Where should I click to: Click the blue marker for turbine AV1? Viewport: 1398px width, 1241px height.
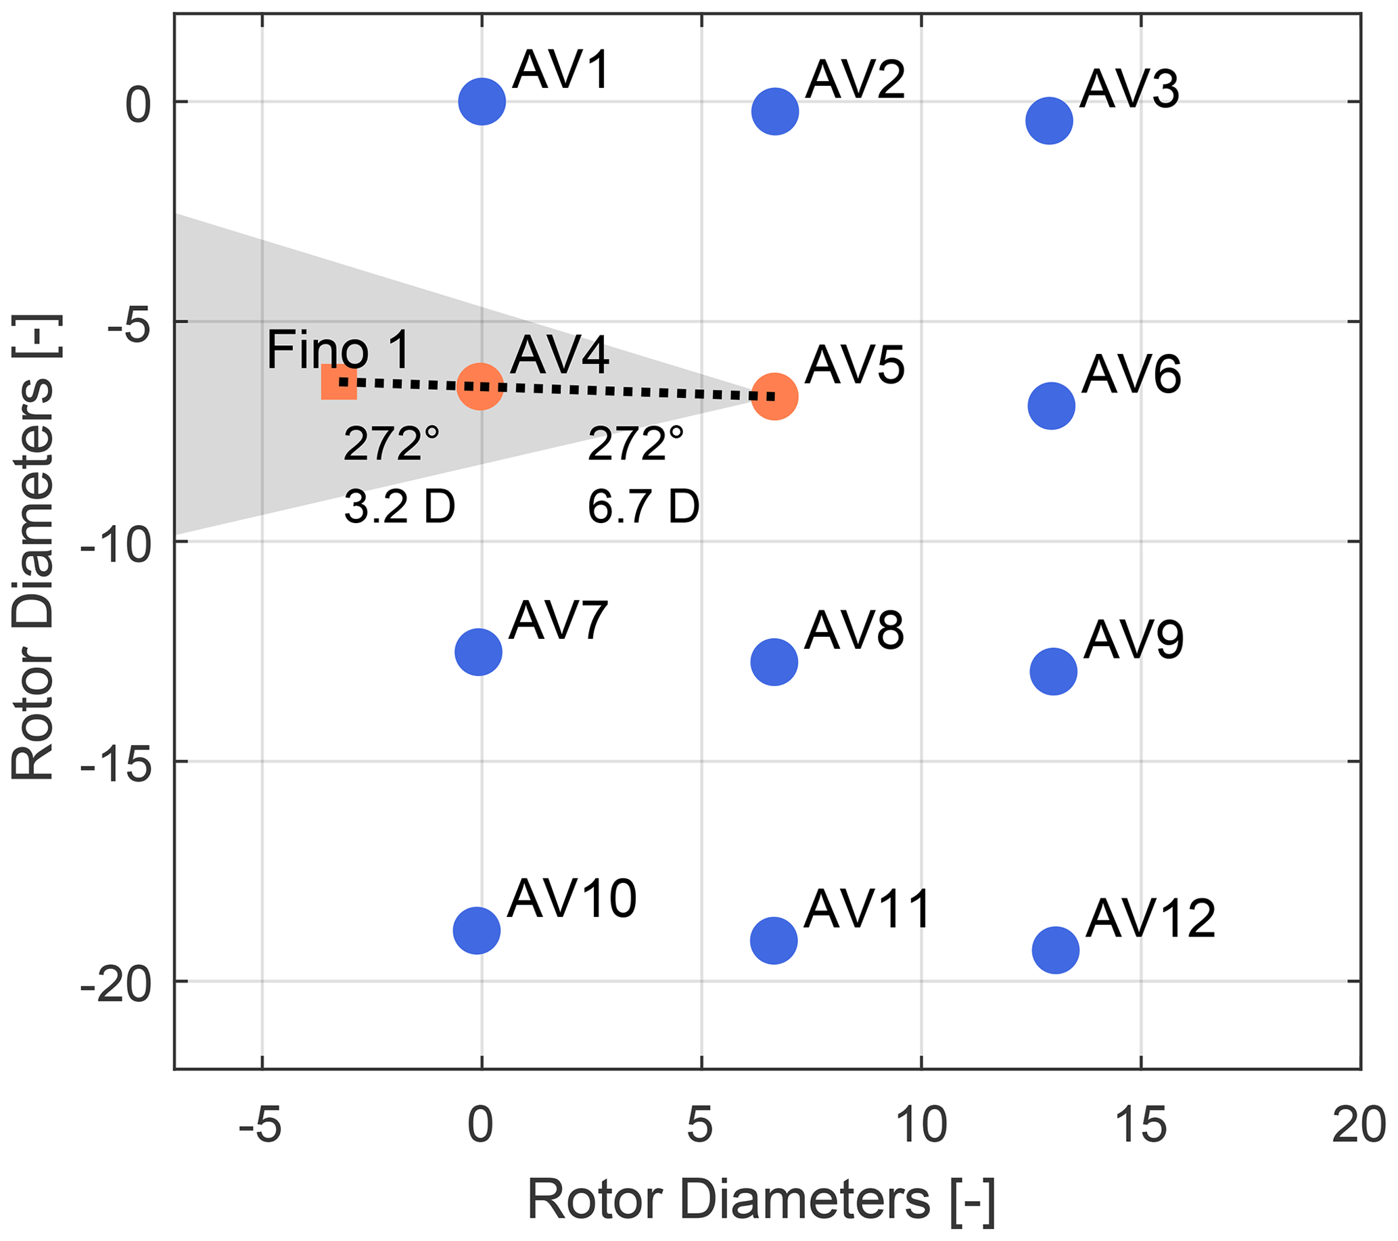pyautogui.click(x=482, y=101)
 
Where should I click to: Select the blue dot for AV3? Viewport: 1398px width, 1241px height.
pyautogui.click(x=1048, y=120)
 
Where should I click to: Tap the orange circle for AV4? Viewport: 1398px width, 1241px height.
pyautogui.click(x=481, y=386)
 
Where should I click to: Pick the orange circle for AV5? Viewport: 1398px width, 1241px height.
pyautogui.click(x=774, y=396)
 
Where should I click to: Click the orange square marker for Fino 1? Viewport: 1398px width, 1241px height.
pyautogui.click(x=339, y=382)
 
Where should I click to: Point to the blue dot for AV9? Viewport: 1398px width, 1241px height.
pyautogui.click(x=1053, y=671)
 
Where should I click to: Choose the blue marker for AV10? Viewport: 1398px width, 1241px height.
pyautogui.click(x=477, y=930)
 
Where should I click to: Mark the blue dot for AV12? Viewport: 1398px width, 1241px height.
pyautogui.click(x=1055, y=950)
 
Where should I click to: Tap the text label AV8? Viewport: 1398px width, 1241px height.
pyautogui.click(x=854, y=631)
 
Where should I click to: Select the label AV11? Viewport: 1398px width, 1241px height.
pyautogui.click(x=867, y=909)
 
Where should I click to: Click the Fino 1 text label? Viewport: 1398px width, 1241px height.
pyautogui.click(x=339, y=351)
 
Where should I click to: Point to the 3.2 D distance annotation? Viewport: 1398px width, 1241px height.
pyautogui.click(x=399, y=507)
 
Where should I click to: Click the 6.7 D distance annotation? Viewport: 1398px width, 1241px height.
pyautogui.click(x=643, y=507)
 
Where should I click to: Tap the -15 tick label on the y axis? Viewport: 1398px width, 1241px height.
pyautogui.click(x=116, y=761)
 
